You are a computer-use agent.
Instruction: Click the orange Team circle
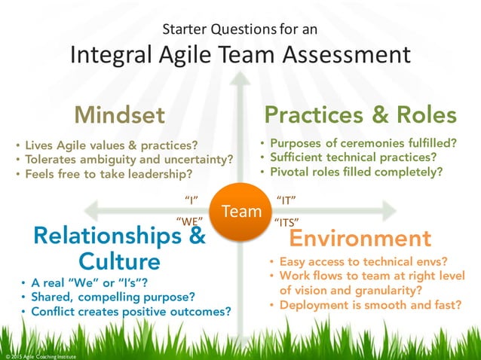(x=241, y=212)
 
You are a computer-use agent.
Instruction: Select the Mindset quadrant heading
(x=119, y=115)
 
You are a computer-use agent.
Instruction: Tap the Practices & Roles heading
(x=360, y=114)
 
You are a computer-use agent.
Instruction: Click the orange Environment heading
(x=360, y=239)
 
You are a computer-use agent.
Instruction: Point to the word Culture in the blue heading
(x=120, y=261)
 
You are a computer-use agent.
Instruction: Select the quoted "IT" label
(x=286, y=200)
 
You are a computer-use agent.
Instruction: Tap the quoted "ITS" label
(x=286, y=221)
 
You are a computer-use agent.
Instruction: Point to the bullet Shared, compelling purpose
(x=112, y=297)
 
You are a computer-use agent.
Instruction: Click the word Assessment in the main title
(x=339, y=54)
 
